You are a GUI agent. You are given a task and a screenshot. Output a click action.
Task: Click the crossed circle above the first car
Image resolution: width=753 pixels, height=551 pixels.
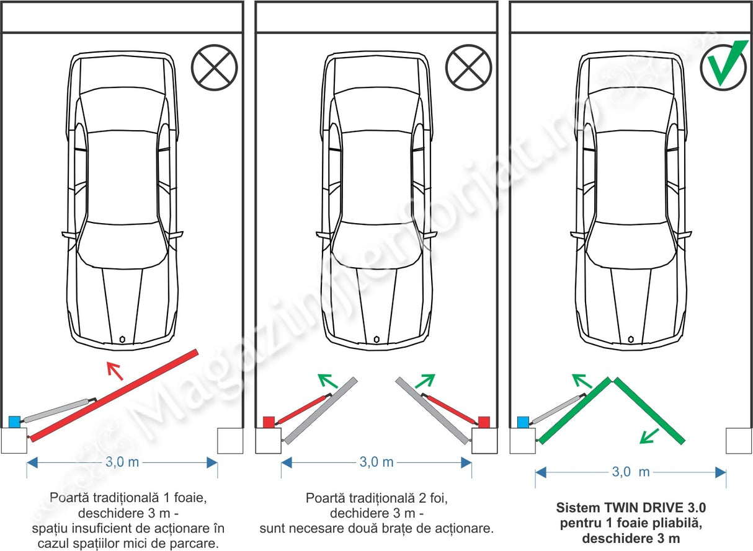tap(215, 67)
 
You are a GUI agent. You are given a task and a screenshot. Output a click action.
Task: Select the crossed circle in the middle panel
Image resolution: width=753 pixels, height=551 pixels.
tap(469, 67)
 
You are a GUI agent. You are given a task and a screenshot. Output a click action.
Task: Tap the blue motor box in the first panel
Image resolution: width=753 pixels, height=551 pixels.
tap(14, 422)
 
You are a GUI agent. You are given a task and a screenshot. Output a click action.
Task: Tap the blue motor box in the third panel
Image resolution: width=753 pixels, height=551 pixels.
tap(523, 422)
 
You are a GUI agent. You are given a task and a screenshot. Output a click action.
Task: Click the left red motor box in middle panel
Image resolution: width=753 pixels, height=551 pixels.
tap(269, 422)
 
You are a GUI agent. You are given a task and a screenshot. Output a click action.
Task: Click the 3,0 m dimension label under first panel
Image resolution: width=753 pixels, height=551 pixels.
tap(122, 462)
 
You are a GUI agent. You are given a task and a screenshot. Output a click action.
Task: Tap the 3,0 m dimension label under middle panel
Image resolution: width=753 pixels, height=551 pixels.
tap(377, 462)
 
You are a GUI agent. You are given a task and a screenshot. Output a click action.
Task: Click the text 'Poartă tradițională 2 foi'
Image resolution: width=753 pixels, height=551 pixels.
tap(376, 498)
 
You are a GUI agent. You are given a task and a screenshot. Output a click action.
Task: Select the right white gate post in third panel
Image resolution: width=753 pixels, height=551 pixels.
tap(739, 441)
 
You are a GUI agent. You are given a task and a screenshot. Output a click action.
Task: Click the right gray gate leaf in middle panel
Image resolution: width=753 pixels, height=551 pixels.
tap(434, 410)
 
